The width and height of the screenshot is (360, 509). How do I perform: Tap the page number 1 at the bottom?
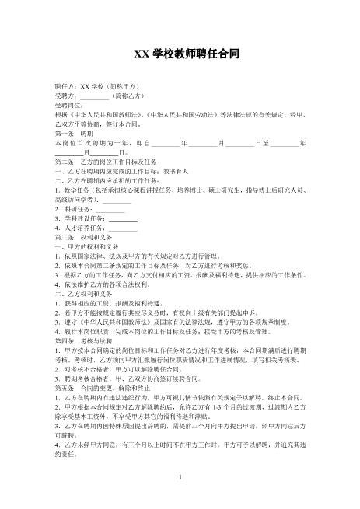(180, 476)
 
